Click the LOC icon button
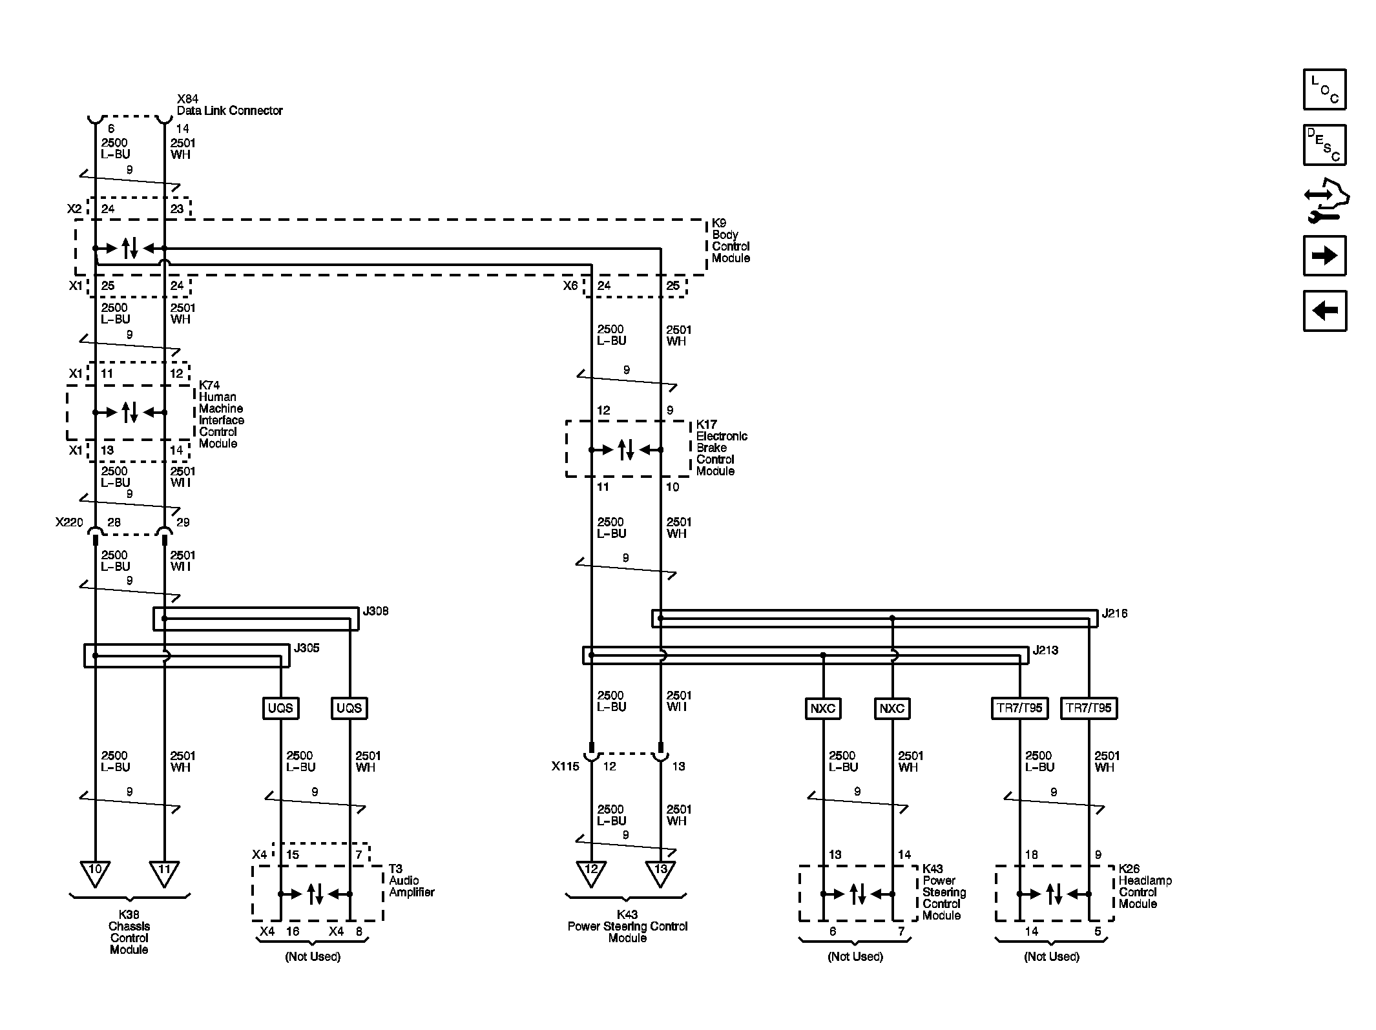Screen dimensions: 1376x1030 [x=1324, y=89]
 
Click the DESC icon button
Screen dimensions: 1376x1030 [x=1324, y=145]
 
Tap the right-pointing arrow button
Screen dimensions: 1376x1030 [x=1324, y=256]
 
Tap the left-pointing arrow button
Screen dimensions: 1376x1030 [x=1324, y=311]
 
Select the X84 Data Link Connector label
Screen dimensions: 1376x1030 [x=229, y=105]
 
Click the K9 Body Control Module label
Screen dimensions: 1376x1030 [x=731, y=240]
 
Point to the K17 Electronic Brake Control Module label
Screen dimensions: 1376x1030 [x=722, y=448]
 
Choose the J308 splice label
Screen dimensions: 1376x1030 [x=375, y=611]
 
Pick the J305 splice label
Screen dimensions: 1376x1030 [x=306, y=648]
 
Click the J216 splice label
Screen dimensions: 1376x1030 [x=1114, y=613]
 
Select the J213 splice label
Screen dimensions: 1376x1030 [x=1045, y=650]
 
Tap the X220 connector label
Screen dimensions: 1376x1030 [x=69, y=522]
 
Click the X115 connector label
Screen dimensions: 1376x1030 [x=565, y=766]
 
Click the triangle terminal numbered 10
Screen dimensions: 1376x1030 [x=95, y=873]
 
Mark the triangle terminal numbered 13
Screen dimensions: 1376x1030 [x=660, y=873]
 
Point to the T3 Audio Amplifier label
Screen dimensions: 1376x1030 [x=412, y=880]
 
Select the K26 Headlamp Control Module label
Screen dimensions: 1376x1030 [x=1145, y=886]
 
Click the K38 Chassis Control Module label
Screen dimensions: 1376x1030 [x=129, y=932]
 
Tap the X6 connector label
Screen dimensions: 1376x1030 [x=570, y=285]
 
